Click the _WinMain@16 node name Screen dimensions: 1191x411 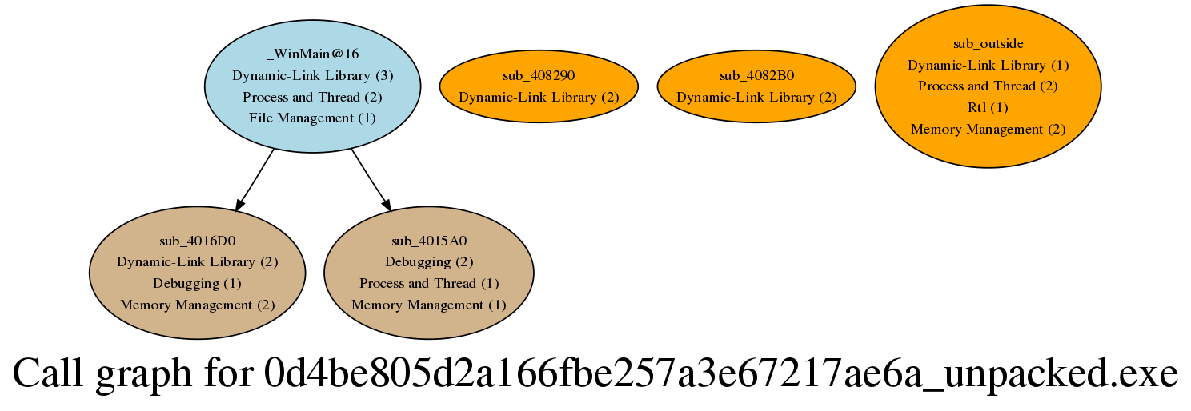pyautogui.click(x=313, y=54)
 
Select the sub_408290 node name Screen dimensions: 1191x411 pyautogui.click(x=539, y=75)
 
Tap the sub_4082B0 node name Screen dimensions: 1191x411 pyautogui.click(x=756, y=75)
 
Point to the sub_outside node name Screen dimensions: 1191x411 pyautogui.click(x=988, y=43)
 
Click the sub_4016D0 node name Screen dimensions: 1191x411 pyautogui.click(x=197, y=241)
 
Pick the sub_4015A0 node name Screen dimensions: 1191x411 pyautogui.click(x=429, y=241)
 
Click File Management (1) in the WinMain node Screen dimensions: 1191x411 pyautogui.click(x=313, y=118)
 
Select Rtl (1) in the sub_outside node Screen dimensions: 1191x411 pyautogui.click(x=988, y=107)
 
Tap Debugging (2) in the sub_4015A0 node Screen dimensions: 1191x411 pyautogui.click(x=429, y=261)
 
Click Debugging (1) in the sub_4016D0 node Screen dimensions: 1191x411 pyautogui.click(x=197, y=284)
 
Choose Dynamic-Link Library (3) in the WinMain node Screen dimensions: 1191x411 pyautogui.click(x=313, y=75)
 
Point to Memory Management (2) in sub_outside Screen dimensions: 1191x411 pyautogui.click(x=988, y=129)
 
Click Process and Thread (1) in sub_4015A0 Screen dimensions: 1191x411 pyautogui.click(x=429, y=284)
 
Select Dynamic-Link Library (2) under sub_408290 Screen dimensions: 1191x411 pyautogui.click(x=539, y=98)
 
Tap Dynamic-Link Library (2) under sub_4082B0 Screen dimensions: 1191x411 pyautogui.click(x=756, y=98)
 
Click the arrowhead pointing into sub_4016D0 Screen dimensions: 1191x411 pyautogui.click(x=240, y=205)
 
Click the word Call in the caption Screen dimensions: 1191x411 pyautogui.click(x=48, y=373)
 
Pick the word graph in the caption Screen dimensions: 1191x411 pyautogui.click(x=143, y=376)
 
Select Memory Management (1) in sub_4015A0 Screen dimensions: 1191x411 pyautogui.click(x=429, y=305)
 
